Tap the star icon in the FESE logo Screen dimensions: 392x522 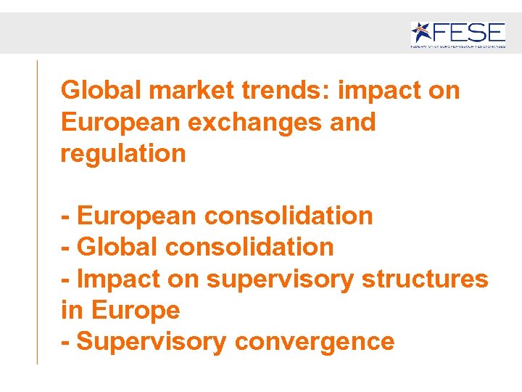pos(423,32)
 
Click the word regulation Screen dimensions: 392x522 pos(123,153)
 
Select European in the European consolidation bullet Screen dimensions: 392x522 pos(136,216)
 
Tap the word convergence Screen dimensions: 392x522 pos(314,341)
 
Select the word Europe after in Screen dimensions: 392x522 pos(135,310)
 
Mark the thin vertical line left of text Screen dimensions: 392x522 pos(37,211)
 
